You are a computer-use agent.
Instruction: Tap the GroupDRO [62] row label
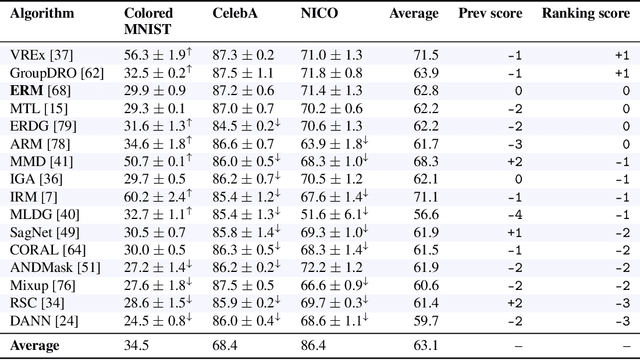(50, 74)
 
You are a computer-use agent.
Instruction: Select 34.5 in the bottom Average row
(138, 345)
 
